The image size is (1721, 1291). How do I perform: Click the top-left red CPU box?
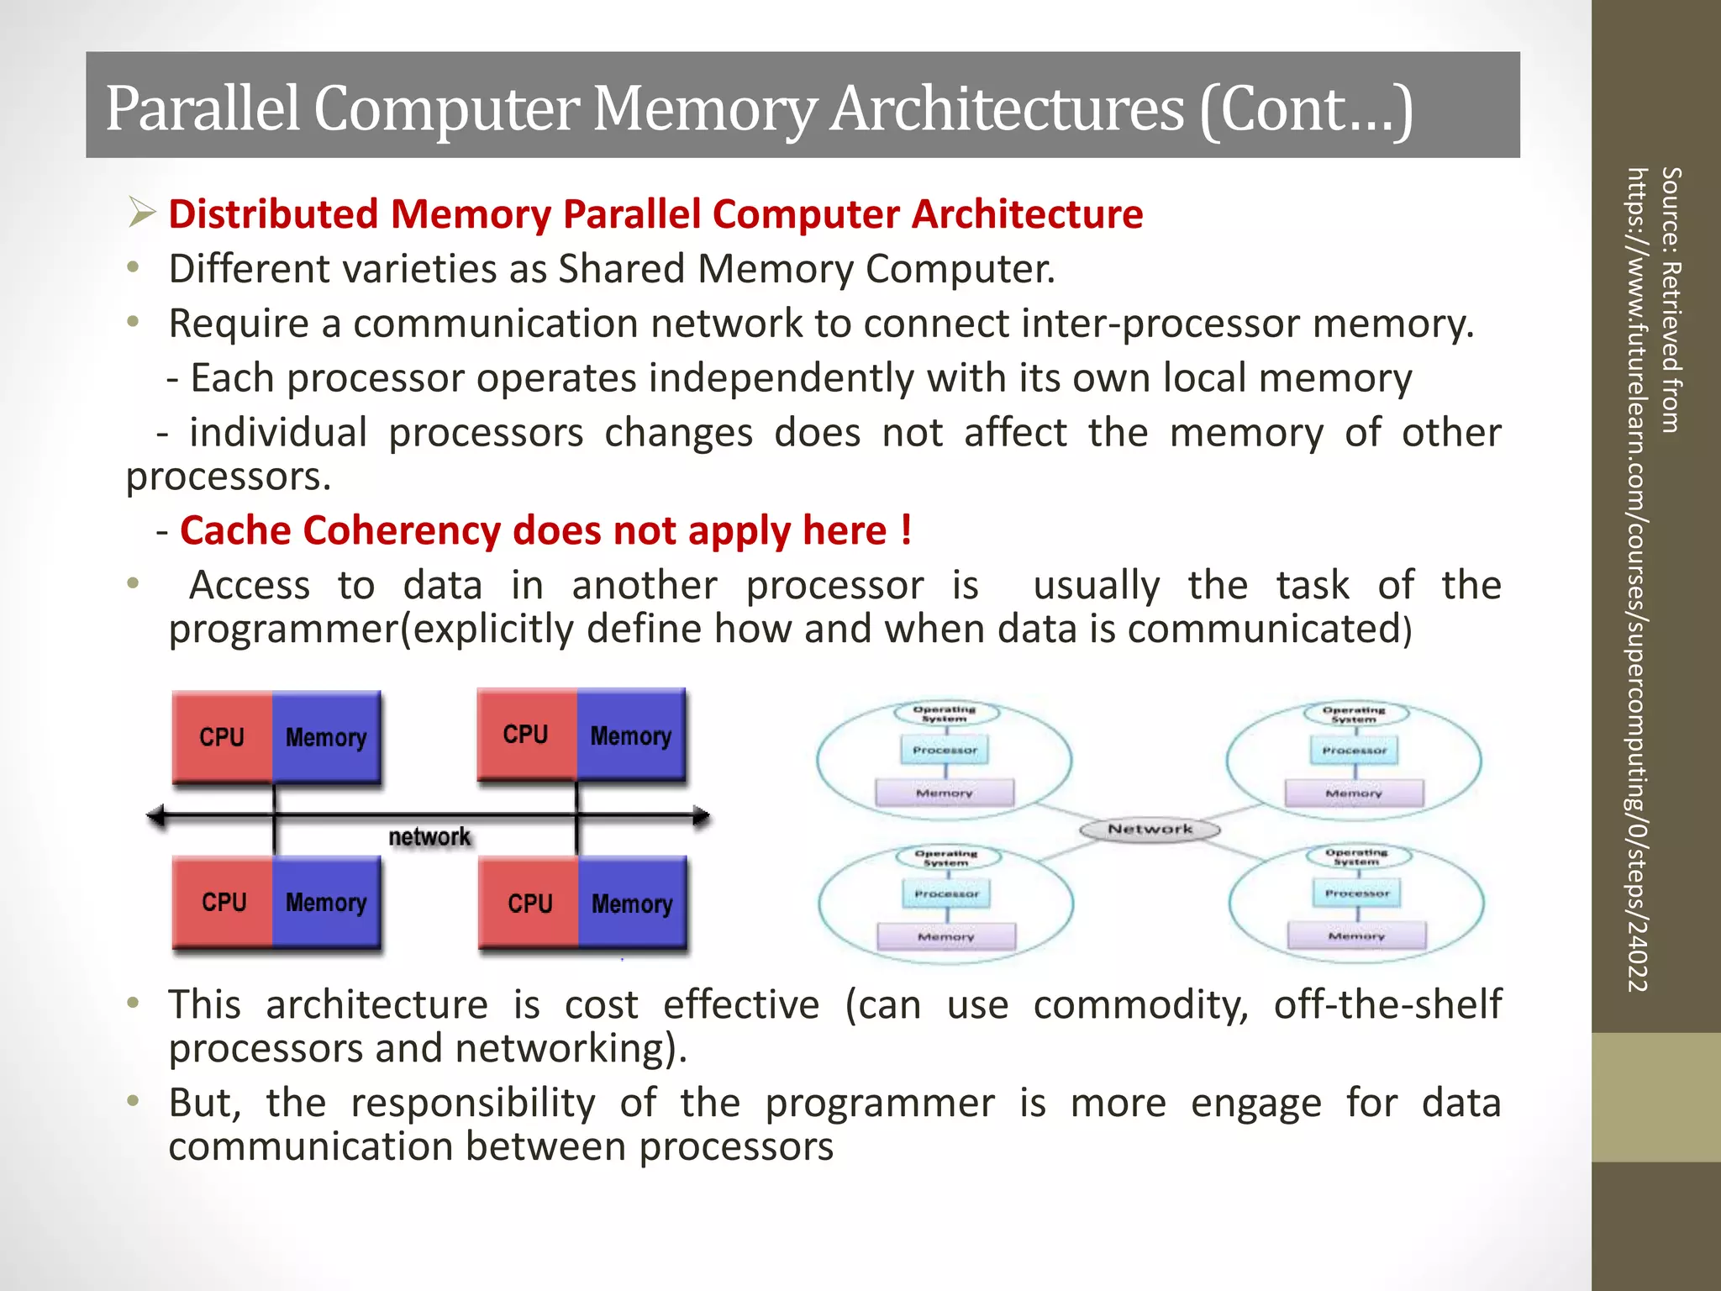[x=222, y=737]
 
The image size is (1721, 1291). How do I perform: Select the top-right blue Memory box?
[x=631, y=735]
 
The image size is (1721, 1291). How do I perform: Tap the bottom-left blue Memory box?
[x=326, y=902]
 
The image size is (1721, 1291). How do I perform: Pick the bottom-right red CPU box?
[x=529, y=903]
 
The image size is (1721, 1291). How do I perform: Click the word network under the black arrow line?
[x=429, y=837]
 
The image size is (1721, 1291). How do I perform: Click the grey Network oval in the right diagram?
[x=1150, y=830]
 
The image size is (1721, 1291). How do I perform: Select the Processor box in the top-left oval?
[x=945, y=750]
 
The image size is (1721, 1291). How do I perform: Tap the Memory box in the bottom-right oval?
[x=1356, y=935]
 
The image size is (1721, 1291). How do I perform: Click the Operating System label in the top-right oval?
[x=1354, y=714]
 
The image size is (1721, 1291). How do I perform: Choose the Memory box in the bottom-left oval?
[x=946, y=936]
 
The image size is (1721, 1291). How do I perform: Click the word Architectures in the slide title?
[x=1007, y=109]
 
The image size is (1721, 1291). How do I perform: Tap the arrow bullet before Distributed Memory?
[x=142, y=212]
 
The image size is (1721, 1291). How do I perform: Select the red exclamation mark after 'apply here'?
[x=905, y=530]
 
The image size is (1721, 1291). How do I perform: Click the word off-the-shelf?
[x=1387, y=1004]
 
